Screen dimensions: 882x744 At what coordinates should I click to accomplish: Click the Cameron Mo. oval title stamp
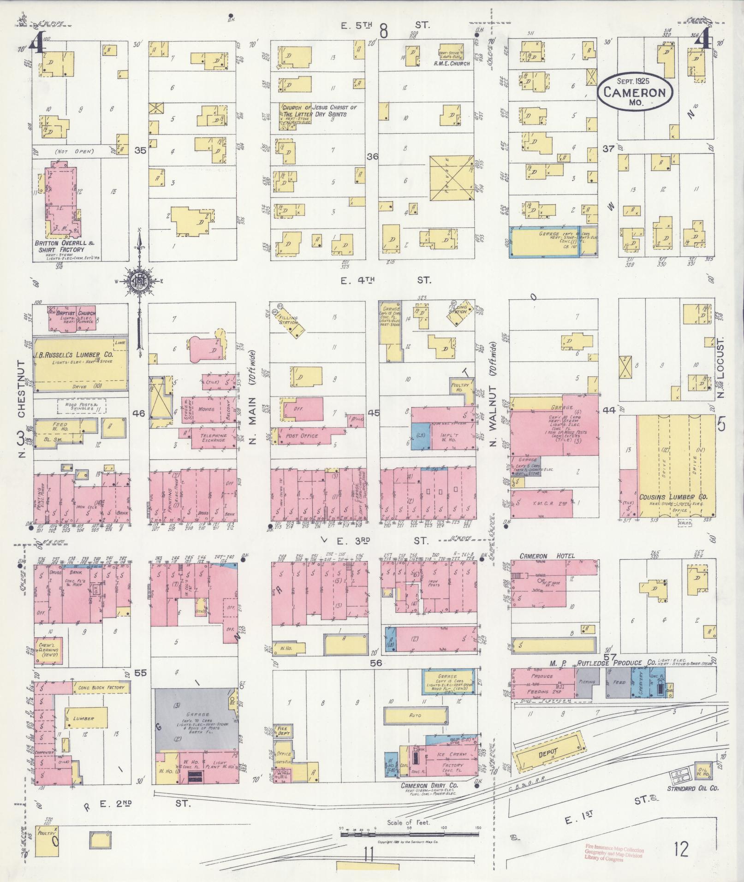tap(635, 92)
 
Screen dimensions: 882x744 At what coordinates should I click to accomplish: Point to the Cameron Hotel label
tap(547, 556)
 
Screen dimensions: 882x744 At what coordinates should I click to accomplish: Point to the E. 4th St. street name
tap(385, 280)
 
